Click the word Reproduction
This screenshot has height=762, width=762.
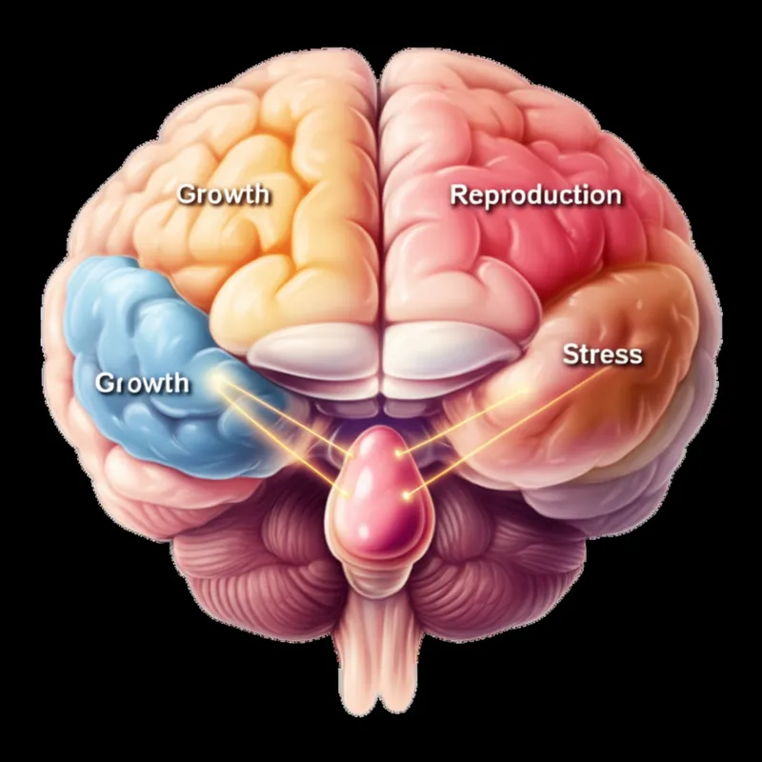pos(535,196)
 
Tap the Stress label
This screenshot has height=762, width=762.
pos(602,355)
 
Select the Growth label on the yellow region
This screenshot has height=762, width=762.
pos(224,194)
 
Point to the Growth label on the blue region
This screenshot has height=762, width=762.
pos(143,384)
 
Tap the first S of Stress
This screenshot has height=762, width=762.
pos(570,355)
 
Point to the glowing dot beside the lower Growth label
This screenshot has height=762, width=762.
pos(216,381)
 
